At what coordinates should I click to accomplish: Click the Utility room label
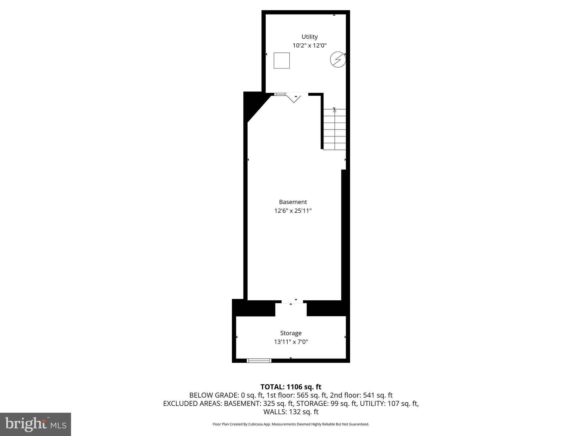pyautogui.click(x=309, y=37)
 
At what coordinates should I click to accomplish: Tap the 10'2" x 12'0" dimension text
pyautogui.click(x=309, y=45)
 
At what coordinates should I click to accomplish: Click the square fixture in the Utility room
pyautogui.click(x=282, y=60)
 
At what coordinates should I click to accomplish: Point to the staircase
pyautogui.click(x=335, y=129)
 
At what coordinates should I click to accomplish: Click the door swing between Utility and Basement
pyautogui.click(x=294, y=98)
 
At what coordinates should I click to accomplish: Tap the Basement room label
pyautogui.click(x=293, y=202)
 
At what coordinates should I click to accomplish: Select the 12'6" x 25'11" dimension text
pyautogui.click(x=293, y=211)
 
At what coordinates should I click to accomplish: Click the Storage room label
pyautogui.click(x=291, y=333)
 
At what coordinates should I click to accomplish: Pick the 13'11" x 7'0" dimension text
pyautogui.click(x=291, y=342)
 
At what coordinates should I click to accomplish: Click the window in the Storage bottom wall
pyautogui.click(x=259, y=360)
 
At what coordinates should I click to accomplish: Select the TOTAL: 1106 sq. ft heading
pyautogui.click(x=291, y=387)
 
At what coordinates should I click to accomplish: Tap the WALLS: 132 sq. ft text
pyautogui.click(x=291, y=412)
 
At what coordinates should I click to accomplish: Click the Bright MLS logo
pyautogui.click(x=36, y=424)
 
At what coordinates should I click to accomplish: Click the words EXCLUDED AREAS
pyautogui.click(x=192, y=403)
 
